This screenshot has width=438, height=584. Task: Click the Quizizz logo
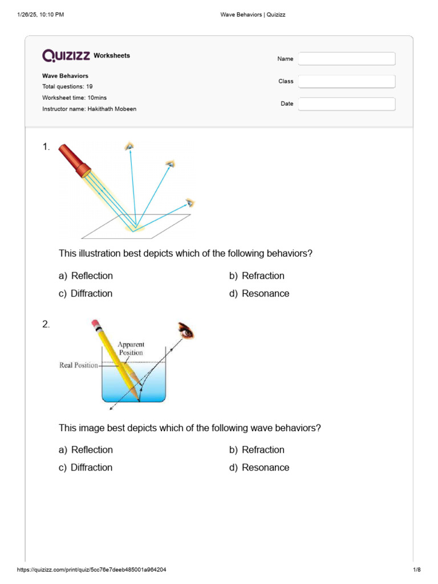click(66, 55)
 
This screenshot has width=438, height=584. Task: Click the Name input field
click(346, 59)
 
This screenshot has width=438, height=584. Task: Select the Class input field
click(346, 82)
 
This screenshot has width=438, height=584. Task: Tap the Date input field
click(346, 104)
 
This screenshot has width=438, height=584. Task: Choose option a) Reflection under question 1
click(86, 276)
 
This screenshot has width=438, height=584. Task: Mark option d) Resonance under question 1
click(259, 294)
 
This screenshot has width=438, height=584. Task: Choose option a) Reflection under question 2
click(86, 450)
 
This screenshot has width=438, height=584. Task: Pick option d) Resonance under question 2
click(259, 468)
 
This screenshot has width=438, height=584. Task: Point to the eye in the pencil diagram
click(186, 330)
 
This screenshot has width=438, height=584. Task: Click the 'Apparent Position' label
click(131, 348)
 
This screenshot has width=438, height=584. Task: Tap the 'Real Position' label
click(79, 365)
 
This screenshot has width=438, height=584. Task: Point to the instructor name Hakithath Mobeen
click(112, 109)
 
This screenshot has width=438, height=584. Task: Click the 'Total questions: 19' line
click(67, 87)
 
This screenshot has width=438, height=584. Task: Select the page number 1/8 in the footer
click(416, 570)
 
